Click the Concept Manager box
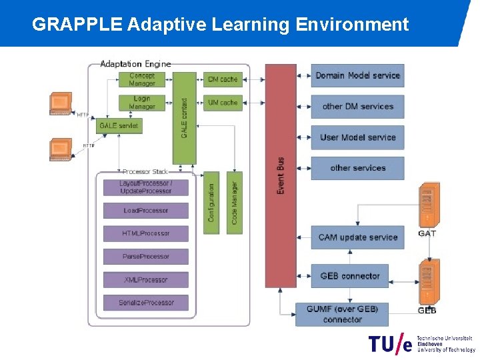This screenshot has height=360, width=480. [x=142, y=79]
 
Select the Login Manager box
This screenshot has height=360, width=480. [x=142, y=103]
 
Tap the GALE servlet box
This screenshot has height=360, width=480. [x=119, y=125]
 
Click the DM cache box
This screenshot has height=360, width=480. [x=222, y=79]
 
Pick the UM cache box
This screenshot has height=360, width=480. [x=222, y=103]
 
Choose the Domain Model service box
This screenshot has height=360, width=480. [x=357, y=75]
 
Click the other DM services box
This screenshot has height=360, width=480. [x=357, y=107]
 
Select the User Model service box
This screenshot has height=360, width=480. [x=357, y=137]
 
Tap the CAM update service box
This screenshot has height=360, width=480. [x=357, y=237]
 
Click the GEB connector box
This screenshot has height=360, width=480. [x=349, y=276]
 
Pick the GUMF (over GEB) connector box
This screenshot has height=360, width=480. [x=342, y=314]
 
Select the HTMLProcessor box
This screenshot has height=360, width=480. [x=146, y=233]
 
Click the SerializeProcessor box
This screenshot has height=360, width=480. [x=146, y=303]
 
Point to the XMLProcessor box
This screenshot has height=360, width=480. [x=146, y=280]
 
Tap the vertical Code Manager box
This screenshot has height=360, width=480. [x=235, y=203]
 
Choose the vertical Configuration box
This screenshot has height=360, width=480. [x=211, y=203]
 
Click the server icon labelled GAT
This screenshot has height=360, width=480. [x=427, y=205]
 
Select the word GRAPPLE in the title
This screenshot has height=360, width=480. [x=77, y=25]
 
